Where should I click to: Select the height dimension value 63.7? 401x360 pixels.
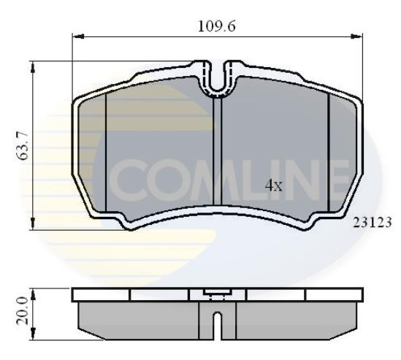click(23, 146)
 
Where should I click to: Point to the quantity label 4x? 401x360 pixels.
click(273, 185)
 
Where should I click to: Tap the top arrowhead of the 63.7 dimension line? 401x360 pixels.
click(34, 66)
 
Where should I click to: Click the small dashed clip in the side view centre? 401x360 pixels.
click(218, 295)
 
